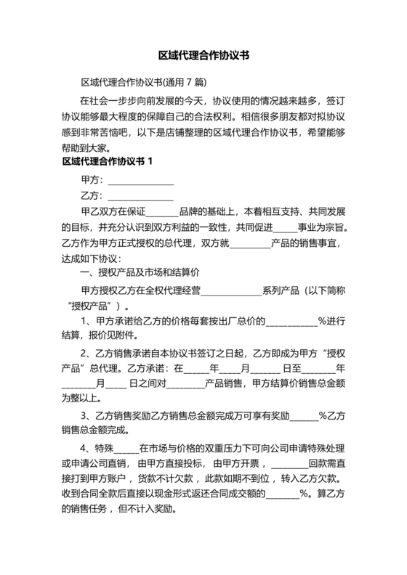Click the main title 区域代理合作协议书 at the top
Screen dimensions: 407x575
pos(203,54)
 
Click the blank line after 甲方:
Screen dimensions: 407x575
pos(140,181)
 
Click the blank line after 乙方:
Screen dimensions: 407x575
pos(140,197)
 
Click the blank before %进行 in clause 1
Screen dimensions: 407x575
pos(291,321)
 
